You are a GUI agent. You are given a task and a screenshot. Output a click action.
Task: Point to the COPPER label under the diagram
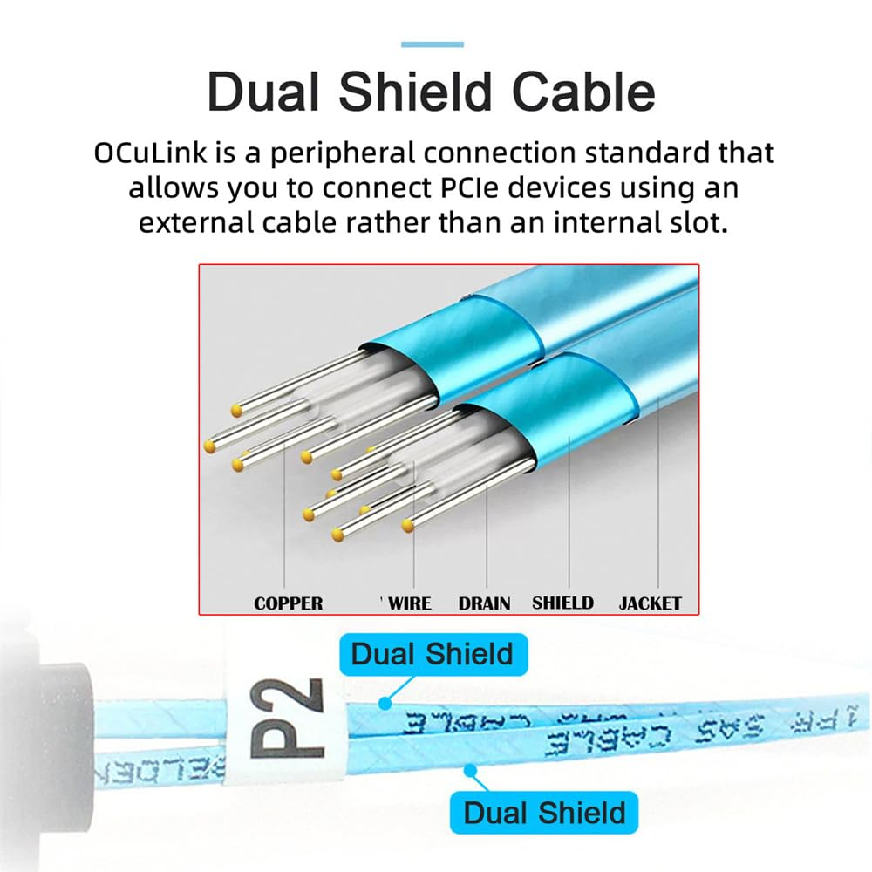coord(288,603)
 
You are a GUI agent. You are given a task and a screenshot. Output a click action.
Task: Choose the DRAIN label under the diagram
coord(484,603)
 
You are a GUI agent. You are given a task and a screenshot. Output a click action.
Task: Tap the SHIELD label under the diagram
coord(562,603)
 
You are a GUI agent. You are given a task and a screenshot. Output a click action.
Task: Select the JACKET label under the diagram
coord(650,603)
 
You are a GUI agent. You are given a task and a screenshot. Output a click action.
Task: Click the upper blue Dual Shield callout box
coord(432,654)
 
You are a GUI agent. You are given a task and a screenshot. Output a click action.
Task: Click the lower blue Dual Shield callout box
coord(544,813)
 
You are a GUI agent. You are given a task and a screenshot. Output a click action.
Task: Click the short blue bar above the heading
coord(432,44)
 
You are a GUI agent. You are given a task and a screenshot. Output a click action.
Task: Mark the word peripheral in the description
coord(325,154)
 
